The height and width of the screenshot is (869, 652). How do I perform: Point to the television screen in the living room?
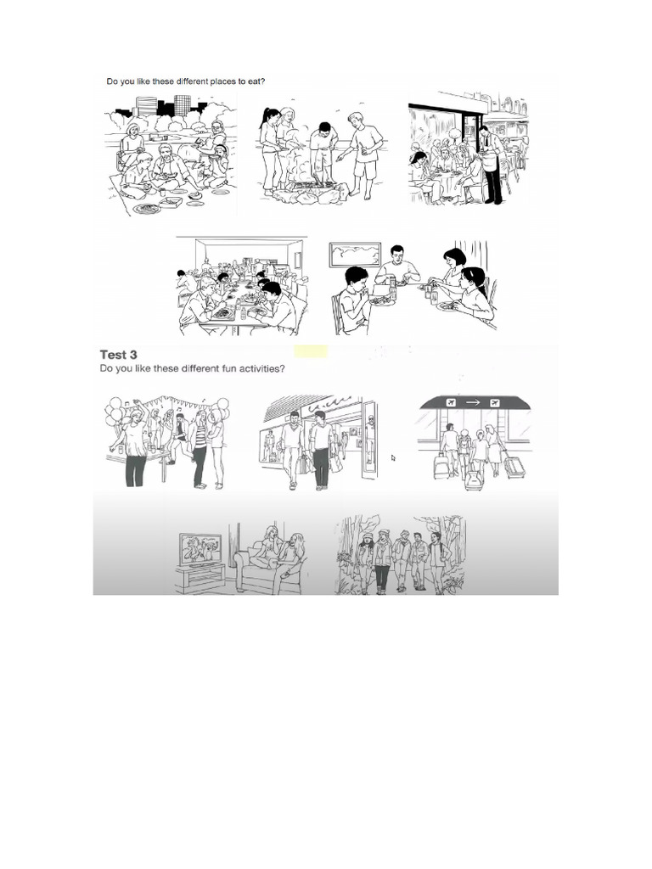coord(200,550)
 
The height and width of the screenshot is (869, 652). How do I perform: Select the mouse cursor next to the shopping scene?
coord(393,457)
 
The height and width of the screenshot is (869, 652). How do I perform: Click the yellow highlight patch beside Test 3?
coord(311,351)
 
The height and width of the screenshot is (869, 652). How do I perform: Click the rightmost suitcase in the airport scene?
coord(514,466)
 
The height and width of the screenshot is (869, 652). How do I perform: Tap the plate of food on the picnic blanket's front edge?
coord(146,208)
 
